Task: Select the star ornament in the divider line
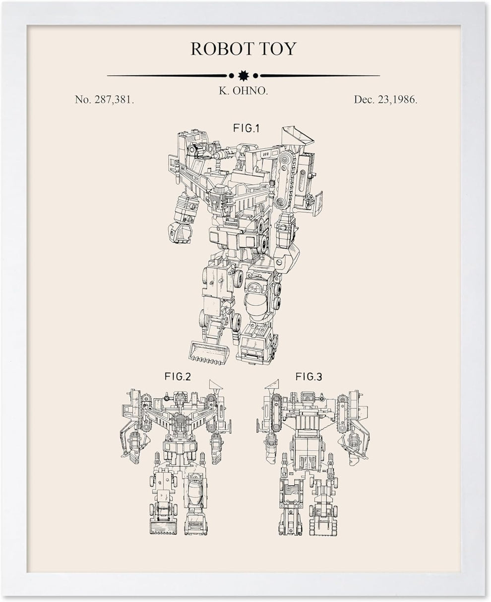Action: [x=243, y=76]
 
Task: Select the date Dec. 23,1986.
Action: [x=385, y=100]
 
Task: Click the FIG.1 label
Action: [x=246, y=128]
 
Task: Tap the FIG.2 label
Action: [x=178, y=377]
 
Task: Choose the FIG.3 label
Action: [x=308, y=377]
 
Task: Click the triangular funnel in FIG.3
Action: [x=272, y=384]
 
